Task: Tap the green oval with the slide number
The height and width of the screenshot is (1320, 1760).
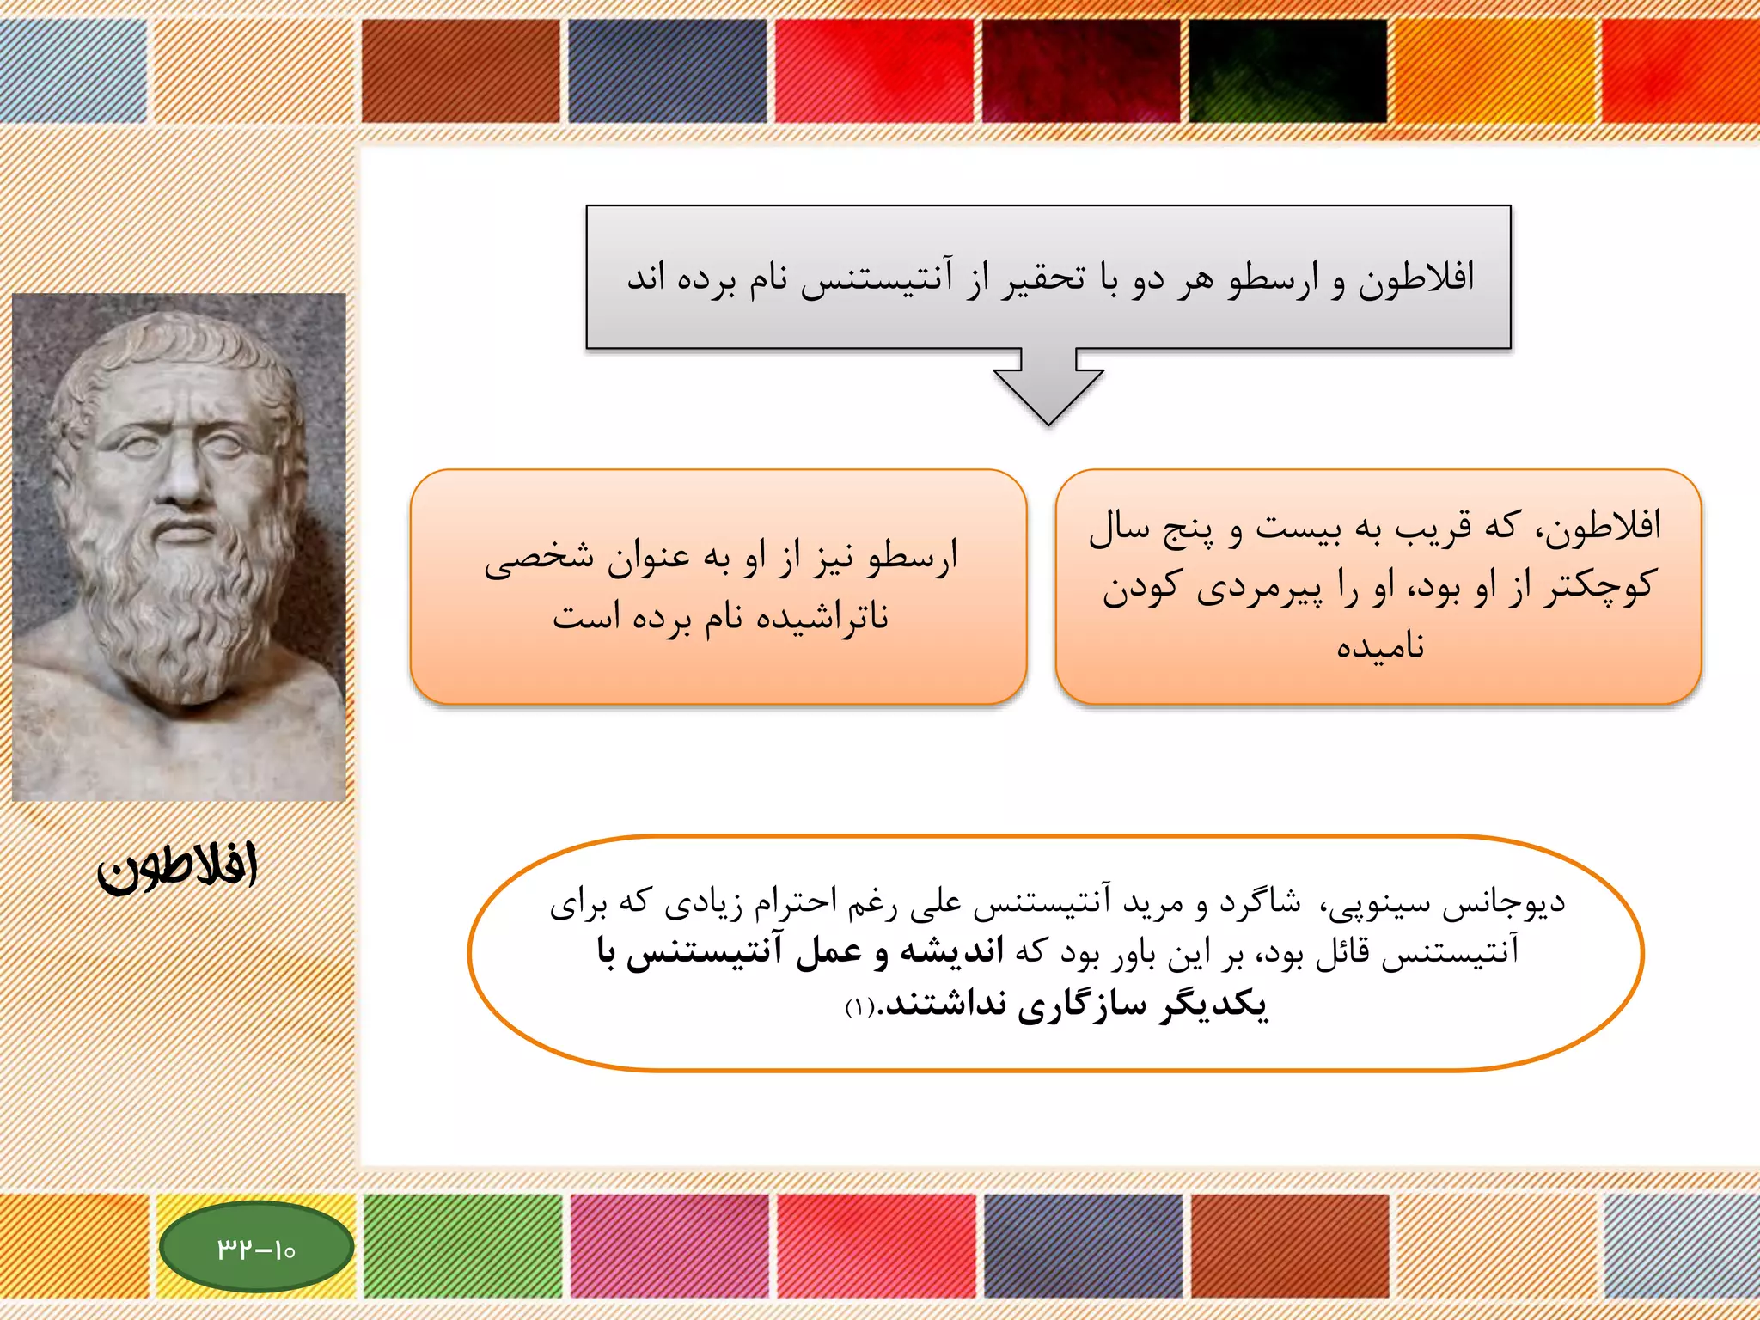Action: (256, 1247)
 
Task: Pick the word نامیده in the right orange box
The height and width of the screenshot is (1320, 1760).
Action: (1380, 646)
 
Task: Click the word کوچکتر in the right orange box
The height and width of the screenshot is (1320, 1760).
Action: (1598, 586)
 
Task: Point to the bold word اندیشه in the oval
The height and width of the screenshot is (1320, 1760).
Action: (951, 952)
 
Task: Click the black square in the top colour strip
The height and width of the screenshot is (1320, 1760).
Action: (1287, 70)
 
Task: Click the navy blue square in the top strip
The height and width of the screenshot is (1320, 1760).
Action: (667, 70)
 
